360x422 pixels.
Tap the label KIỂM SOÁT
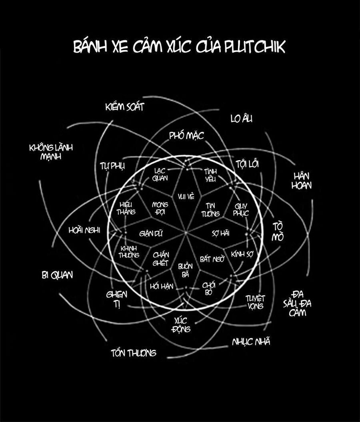coord(124,107)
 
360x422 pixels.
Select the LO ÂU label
coord(242,119)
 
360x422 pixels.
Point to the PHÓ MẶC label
coord(186,135)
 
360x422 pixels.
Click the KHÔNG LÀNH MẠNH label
coord(51,152)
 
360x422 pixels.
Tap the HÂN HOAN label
coord(303,181)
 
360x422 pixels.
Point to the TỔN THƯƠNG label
coord(133,353)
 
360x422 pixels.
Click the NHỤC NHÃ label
coord(251,342)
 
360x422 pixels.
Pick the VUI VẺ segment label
coord(186,196)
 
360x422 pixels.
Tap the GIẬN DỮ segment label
coord(151,233)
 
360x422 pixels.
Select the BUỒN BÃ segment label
coord(185,270)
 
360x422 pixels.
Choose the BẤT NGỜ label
coord(212,259)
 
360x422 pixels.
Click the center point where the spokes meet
coord(186,233)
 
